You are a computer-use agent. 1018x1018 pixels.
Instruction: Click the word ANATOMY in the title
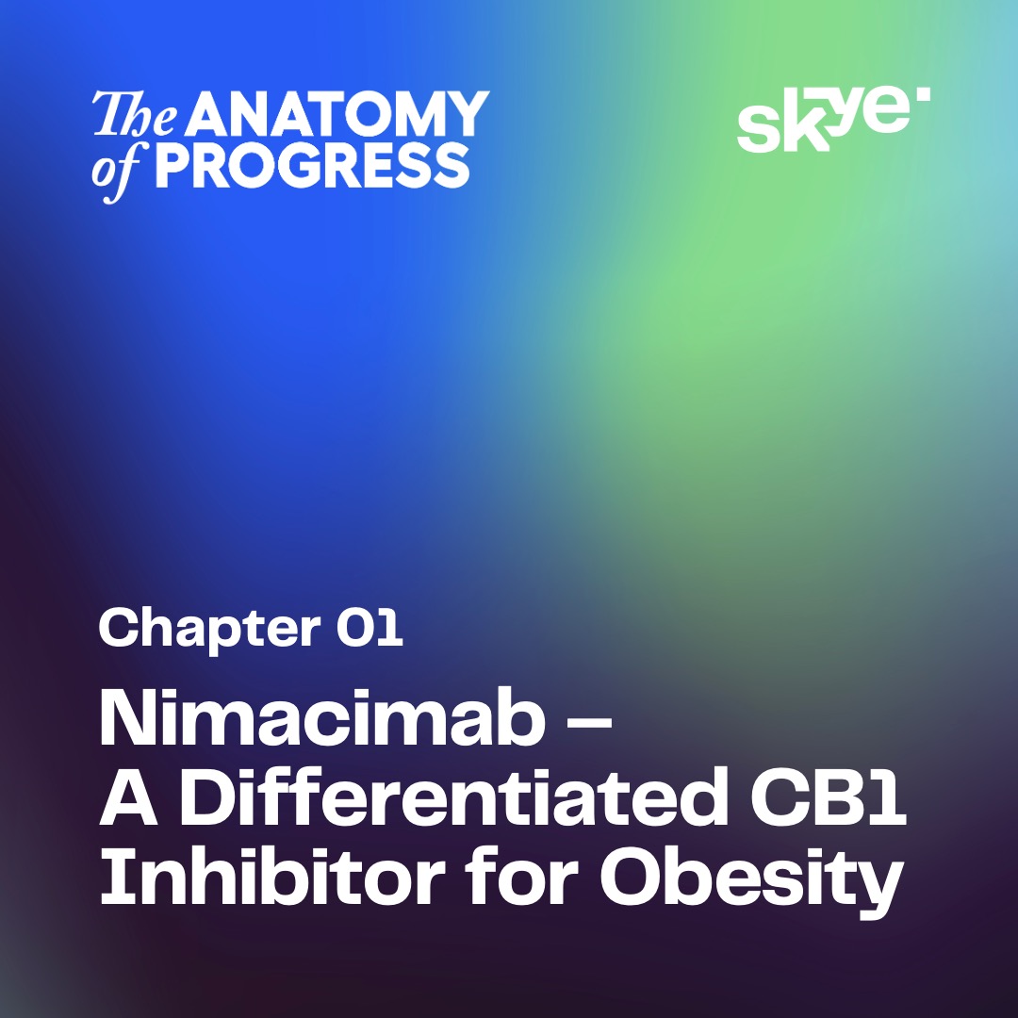tap(338, 114)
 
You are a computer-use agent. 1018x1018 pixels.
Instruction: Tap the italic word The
tap(135, 114)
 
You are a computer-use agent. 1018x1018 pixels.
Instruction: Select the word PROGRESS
tap(312, 166)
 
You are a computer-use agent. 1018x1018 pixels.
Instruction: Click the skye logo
tap(833, 120)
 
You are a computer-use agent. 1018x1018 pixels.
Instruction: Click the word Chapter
tap(209, 629)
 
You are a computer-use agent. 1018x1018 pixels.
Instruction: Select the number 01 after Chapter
tap(369, 627)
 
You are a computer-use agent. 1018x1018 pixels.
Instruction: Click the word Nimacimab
tap(321, 718)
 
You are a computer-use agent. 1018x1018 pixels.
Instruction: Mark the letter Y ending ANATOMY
tap(467, 114)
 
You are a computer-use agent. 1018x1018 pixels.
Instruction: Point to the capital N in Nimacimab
tap(126, 718)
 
